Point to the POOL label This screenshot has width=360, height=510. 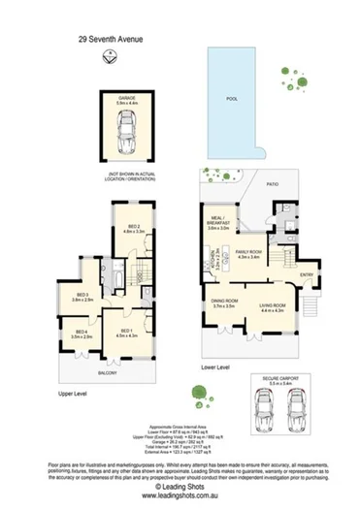(232, 99)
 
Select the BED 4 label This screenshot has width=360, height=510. (82, 334)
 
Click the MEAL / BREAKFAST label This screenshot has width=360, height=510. (216, 222)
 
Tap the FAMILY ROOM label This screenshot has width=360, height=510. (249, 253)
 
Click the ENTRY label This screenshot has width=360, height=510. (307, 274)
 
